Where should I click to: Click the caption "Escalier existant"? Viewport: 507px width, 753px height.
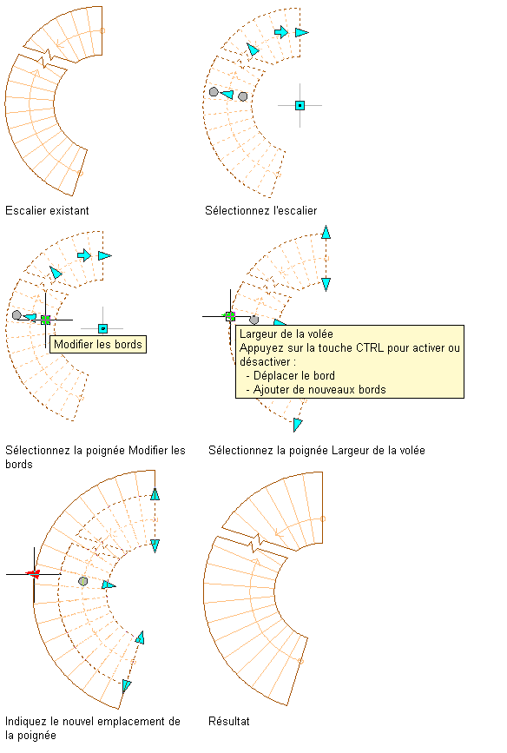point(47,210)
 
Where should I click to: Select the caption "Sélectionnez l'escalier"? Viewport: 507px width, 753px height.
point(260,210)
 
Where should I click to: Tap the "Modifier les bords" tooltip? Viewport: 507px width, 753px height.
point(98,344)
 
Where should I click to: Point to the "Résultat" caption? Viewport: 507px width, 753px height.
point(229,721)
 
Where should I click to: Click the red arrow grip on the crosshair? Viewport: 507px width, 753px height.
point(33,573)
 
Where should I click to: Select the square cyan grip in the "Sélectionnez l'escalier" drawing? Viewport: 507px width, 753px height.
point(300,105)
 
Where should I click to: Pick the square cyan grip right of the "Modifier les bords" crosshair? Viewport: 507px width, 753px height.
point(102,328)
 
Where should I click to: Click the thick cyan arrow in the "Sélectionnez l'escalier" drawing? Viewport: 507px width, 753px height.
point(281,32)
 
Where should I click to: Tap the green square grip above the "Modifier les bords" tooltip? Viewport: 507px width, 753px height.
point(45,320)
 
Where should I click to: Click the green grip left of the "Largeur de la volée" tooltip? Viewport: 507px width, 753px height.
point(230,316)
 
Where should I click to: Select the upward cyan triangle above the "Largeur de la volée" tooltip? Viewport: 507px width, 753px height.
point(326,232)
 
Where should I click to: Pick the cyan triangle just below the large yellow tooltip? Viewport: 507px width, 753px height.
point(298,425)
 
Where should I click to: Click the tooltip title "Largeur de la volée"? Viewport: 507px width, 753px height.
point(286,334)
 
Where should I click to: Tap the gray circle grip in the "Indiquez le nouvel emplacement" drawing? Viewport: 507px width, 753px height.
point(83,581)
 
